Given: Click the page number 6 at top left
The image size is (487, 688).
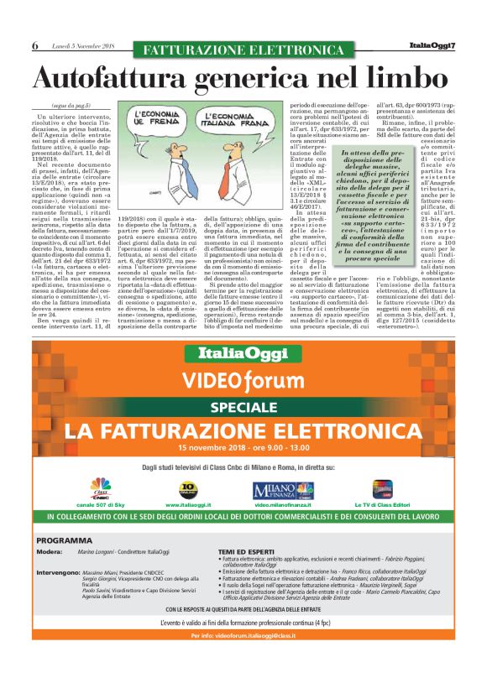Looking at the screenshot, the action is click(35, 45).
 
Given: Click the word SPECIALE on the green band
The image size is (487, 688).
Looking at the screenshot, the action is click(243, 406).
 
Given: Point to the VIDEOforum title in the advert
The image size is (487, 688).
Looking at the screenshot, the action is click(243, 378).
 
